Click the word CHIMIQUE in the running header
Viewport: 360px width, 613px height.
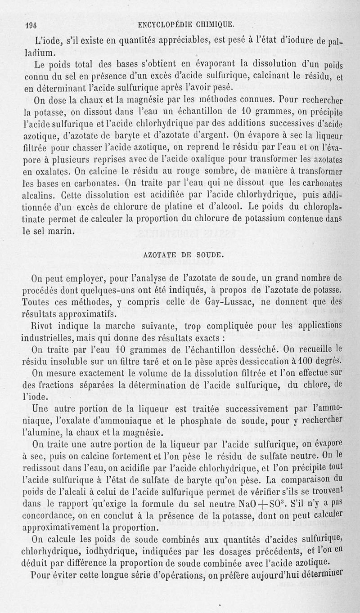[x=214, y=24]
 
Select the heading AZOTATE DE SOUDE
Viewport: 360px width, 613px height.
[x=184, y=254]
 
